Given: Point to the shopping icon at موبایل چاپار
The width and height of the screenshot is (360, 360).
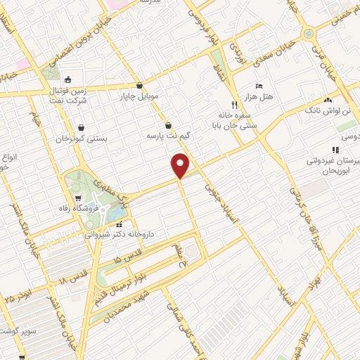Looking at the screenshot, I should coord(140,84).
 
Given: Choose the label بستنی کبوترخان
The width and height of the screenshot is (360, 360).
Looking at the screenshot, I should coord(82,139).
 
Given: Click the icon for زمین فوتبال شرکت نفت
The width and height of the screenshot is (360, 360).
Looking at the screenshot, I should coord(67,79).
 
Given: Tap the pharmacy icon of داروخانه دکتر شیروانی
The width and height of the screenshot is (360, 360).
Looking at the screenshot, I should coord(118,225).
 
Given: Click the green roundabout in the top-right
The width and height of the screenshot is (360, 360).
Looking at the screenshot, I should coord(309,33).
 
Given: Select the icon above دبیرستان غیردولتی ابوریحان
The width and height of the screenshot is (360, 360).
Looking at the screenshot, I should coord(335,150).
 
